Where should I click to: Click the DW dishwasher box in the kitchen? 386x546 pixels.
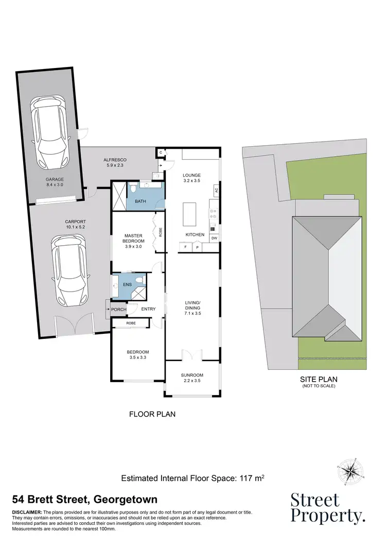(213, 238)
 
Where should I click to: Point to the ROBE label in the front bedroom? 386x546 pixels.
(131, 323)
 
